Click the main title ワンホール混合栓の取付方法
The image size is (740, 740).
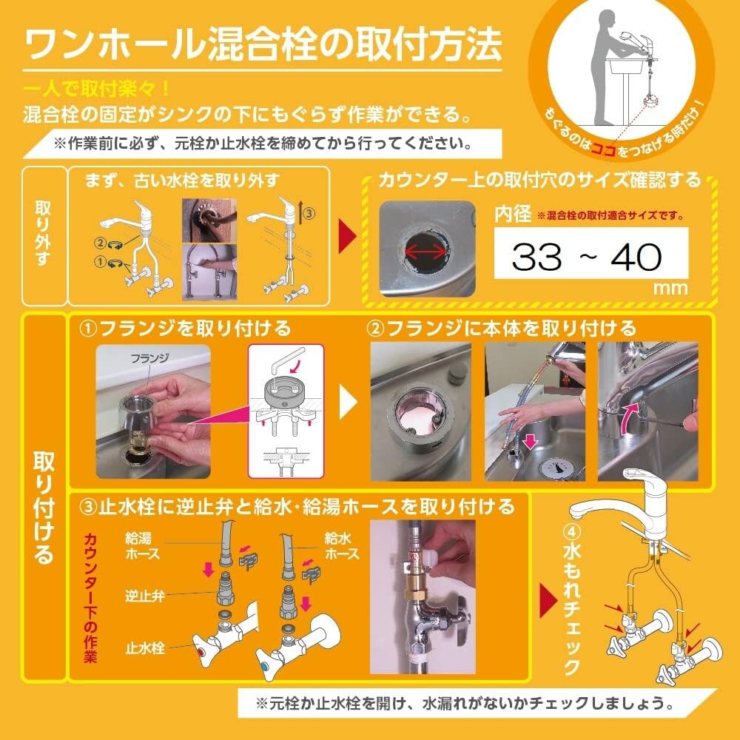click(x=263, y=46)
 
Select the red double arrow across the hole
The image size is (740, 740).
click(x=425, y=252)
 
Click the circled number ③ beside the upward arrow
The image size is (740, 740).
click(x=309, y=213)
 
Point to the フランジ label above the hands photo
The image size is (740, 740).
click(x=150, y=357)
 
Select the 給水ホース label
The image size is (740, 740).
click(x=342, y=547)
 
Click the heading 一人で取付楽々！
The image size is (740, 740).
click(x=97, y=90)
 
